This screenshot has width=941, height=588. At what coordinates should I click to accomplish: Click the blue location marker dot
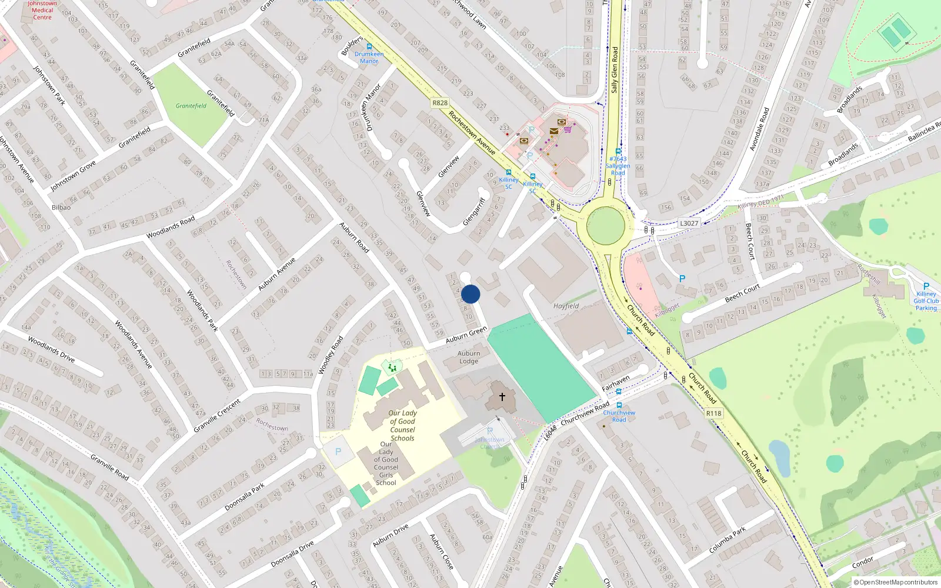point(470,294)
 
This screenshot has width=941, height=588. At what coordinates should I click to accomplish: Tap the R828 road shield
point(440,103)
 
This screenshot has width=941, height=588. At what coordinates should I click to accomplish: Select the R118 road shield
point(713,413)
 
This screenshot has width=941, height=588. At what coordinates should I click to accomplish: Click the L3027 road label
point(689,223)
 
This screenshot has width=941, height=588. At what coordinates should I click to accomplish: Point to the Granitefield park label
point(191,106)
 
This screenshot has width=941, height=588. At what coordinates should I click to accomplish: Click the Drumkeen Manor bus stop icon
point(369,46)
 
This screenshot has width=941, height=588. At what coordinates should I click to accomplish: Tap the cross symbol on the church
point(502,397)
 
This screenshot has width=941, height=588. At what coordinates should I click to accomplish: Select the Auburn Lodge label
point(469,358)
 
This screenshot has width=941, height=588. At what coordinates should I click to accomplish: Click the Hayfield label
point(566,306)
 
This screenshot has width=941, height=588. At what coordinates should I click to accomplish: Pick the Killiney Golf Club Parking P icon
point(926,286)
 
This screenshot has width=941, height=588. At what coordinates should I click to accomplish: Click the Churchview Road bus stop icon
point(619,406)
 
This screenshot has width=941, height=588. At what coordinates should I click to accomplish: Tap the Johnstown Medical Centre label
point(42,11)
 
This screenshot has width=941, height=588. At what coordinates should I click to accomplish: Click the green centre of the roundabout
point(606,225)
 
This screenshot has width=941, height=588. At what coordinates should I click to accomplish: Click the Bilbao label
point(61,208)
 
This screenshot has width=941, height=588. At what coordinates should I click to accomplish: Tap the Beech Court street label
point(742,293)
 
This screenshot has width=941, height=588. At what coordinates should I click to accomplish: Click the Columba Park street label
point(728,540)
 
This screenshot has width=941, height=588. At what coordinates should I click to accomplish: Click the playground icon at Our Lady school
point(392,367)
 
